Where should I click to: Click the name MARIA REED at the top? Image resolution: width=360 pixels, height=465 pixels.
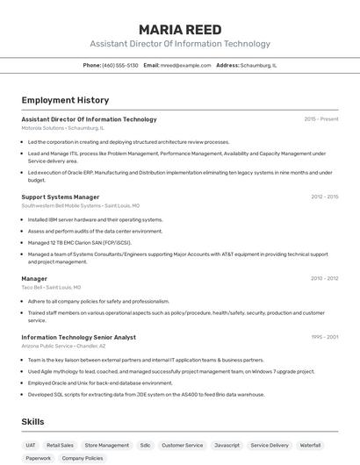(x=180, y=29)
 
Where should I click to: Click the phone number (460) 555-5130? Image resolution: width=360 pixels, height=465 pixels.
(x=120, y=65)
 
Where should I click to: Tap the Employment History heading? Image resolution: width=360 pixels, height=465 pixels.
(x=65, y=100)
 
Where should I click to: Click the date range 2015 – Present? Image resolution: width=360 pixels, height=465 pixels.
(x=321, y=119)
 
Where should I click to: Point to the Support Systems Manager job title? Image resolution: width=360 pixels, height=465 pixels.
(x=61, y=197)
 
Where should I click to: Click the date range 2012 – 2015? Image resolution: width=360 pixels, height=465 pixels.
(x=324, y=197)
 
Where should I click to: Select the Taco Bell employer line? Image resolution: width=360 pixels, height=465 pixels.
(x=51, y=287)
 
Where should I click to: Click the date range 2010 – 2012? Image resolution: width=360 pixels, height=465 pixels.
(x=324, y=278)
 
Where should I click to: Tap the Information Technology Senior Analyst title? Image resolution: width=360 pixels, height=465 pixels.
(x=79, y=337)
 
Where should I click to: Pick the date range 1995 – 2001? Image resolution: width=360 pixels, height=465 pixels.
(x=324, y=337)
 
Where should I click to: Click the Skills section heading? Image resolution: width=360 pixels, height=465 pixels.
(x=33, y=422)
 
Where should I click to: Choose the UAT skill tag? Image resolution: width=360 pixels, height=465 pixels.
(x=31, y=445)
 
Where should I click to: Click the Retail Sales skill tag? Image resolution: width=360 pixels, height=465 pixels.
(x=61, y=445)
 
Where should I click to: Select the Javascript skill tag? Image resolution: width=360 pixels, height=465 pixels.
(x=227, y=445)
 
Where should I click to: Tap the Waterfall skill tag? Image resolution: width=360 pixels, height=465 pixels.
(x=310, y=445)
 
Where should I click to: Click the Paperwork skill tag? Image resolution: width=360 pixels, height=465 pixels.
(x=38, y=458)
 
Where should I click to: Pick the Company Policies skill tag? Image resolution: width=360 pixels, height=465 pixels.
(x=83, y=458)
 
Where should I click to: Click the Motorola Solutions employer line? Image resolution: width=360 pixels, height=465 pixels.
(x=62, y=128)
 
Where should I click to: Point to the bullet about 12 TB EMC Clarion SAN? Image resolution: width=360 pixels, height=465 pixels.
(x=79, y=242)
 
